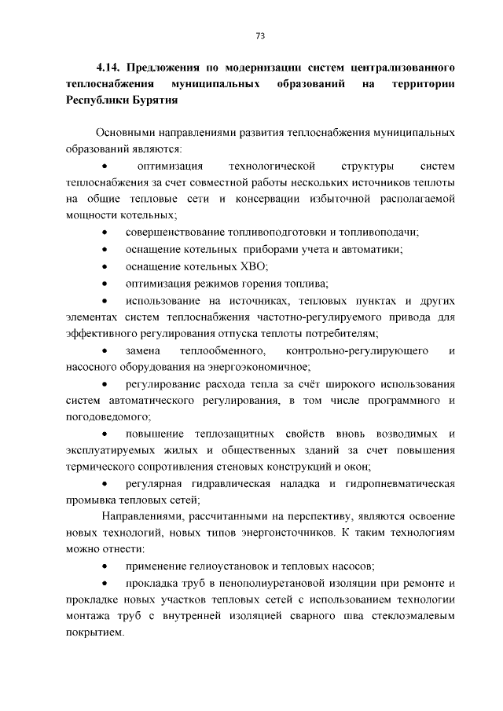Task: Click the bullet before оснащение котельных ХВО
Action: (x=105, y=267)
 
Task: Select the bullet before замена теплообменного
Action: (x=105, y=350)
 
